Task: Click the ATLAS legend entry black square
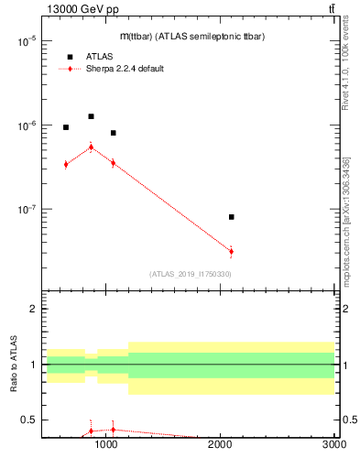70,56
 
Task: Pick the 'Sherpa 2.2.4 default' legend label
125,69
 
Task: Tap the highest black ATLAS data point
91,116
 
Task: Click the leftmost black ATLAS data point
66,127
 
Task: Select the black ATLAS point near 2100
231,217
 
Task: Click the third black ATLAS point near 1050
113,133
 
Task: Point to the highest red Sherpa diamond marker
91,147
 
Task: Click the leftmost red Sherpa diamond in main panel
66,164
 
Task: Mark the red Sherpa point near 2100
231,251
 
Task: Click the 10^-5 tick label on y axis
25,42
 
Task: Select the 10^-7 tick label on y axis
25,210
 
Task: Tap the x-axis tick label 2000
221,444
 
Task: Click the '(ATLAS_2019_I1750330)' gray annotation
190,274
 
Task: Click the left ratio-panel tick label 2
32,309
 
